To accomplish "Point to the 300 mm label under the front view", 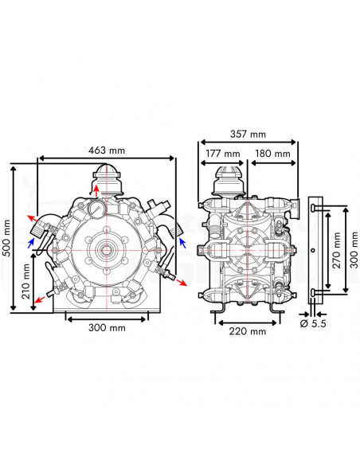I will [x=108, y=327].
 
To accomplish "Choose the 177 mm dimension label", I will [x=223, y=153].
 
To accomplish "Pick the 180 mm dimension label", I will [x=273, y=153].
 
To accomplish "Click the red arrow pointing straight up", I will [x=98, y=190].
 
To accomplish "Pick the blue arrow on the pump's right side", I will [x=182, y=240].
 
